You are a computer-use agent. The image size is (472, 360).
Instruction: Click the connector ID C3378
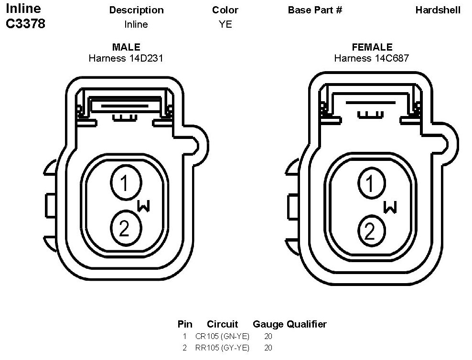26,23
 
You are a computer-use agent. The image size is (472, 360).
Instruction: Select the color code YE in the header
225,24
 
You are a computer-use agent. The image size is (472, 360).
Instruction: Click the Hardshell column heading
438,10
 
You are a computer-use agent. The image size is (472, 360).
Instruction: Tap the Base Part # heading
315,10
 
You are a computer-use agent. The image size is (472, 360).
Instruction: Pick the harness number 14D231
146,58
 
